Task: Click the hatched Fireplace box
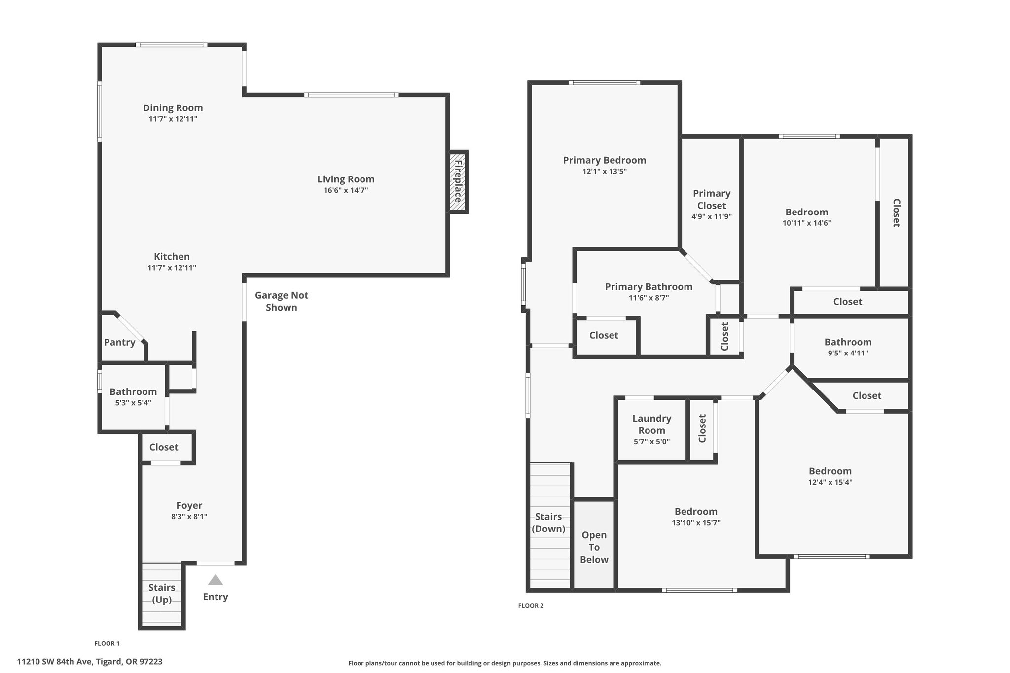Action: [x=458, y=182]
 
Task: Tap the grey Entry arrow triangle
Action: [x=216, y=580]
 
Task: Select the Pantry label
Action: [x=119, y=342]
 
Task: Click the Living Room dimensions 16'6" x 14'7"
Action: [x=346, y=190]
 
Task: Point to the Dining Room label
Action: [x=173, y=108]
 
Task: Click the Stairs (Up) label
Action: [x=162, y=594]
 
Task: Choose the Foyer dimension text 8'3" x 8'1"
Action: [x=189, y=517]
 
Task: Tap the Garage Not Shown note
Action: [x=282, y=301]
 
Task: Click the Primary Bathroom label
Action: [x=649, y=287]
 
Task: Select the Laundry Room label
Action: [x=652, y=424]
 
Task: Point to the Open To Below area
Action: [x=594, y=544]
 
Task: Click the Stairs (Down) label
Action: [x=548, y=523]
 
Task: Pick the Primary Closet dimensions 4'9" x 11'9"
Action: [x=712, y=216]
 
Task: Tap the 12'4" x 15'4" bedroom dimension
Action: [x=830, y=482]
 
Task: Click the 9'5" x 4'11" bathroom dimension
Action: [x=848, y=353]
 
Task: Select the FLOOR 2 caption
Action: [x=531, y=606]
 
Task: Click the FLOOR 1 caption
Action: [x=107, y=643]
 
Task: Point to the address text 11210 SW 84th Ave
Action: [x=53, y=662]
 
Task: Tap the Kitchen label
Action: [x=172, y=257]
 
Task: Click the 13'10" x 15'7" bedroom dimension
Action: [x=696, y=523]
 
